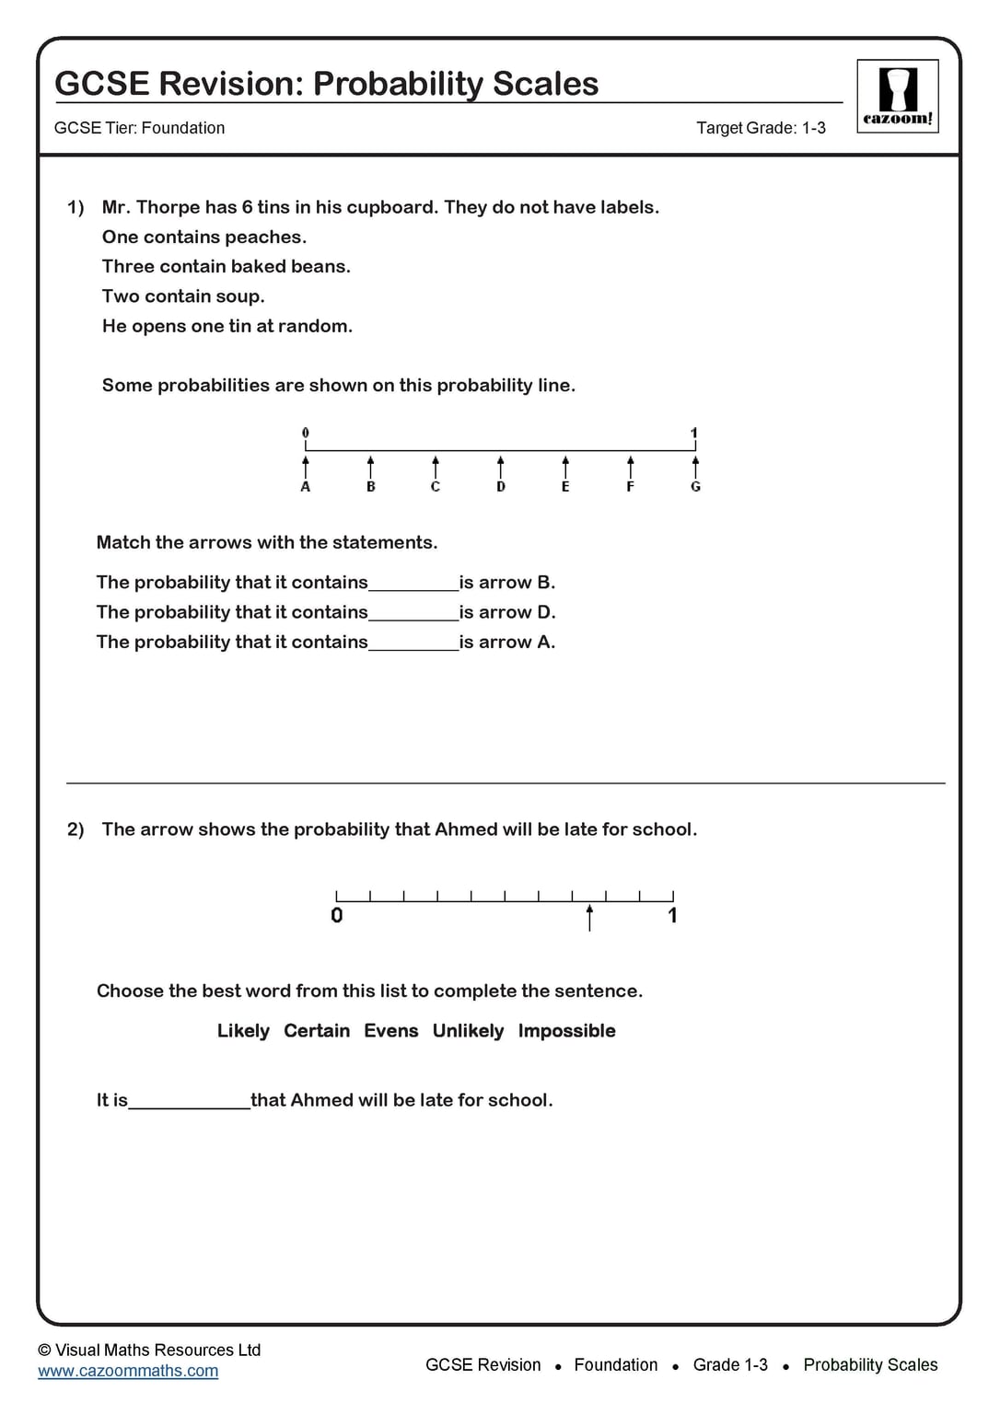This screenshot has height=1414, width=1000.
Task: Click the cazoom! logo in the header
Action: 897,97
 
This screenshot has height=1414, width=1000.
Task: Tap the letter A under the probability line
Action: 306,487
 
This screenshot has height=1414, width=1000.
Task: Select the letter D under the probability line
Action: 501,487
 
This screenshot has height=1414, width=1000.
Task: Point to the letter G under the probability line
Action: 695,487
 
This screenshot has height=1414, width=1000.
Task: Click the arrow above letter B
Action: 371,466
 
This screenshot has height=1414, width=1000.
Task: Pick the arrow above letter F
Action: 631,466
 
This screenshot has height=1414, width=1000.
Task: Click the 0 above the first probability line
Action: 306,433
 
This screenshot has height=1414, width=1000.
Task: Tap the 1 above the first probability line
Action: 694,433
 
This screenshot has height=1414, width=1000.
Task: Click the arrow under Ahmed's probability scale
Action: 589,918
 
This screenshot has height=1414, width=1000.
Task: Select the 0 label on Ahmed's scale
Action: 337,915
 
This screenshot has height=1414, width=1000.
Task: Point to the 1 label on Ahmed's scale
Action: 672,915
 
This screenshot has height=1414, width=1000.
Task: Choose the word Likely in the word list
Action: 243,1031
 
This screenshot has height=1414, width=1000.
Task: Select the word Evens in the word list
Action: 390,1031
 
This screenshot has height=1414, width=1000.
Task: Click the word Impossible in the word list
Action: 566,1031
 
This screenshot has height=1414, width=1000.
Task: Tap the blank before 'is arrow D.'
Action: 413,614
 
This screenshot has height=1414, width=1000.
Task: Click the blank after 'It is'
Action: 189,1102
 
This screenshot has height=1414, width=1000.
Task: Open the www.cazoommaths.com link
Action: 128,1371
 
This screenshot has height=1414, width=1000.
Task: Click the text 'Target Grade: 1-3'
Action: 761,128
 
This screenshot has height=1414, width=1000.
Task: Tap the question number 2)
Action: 76,829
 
